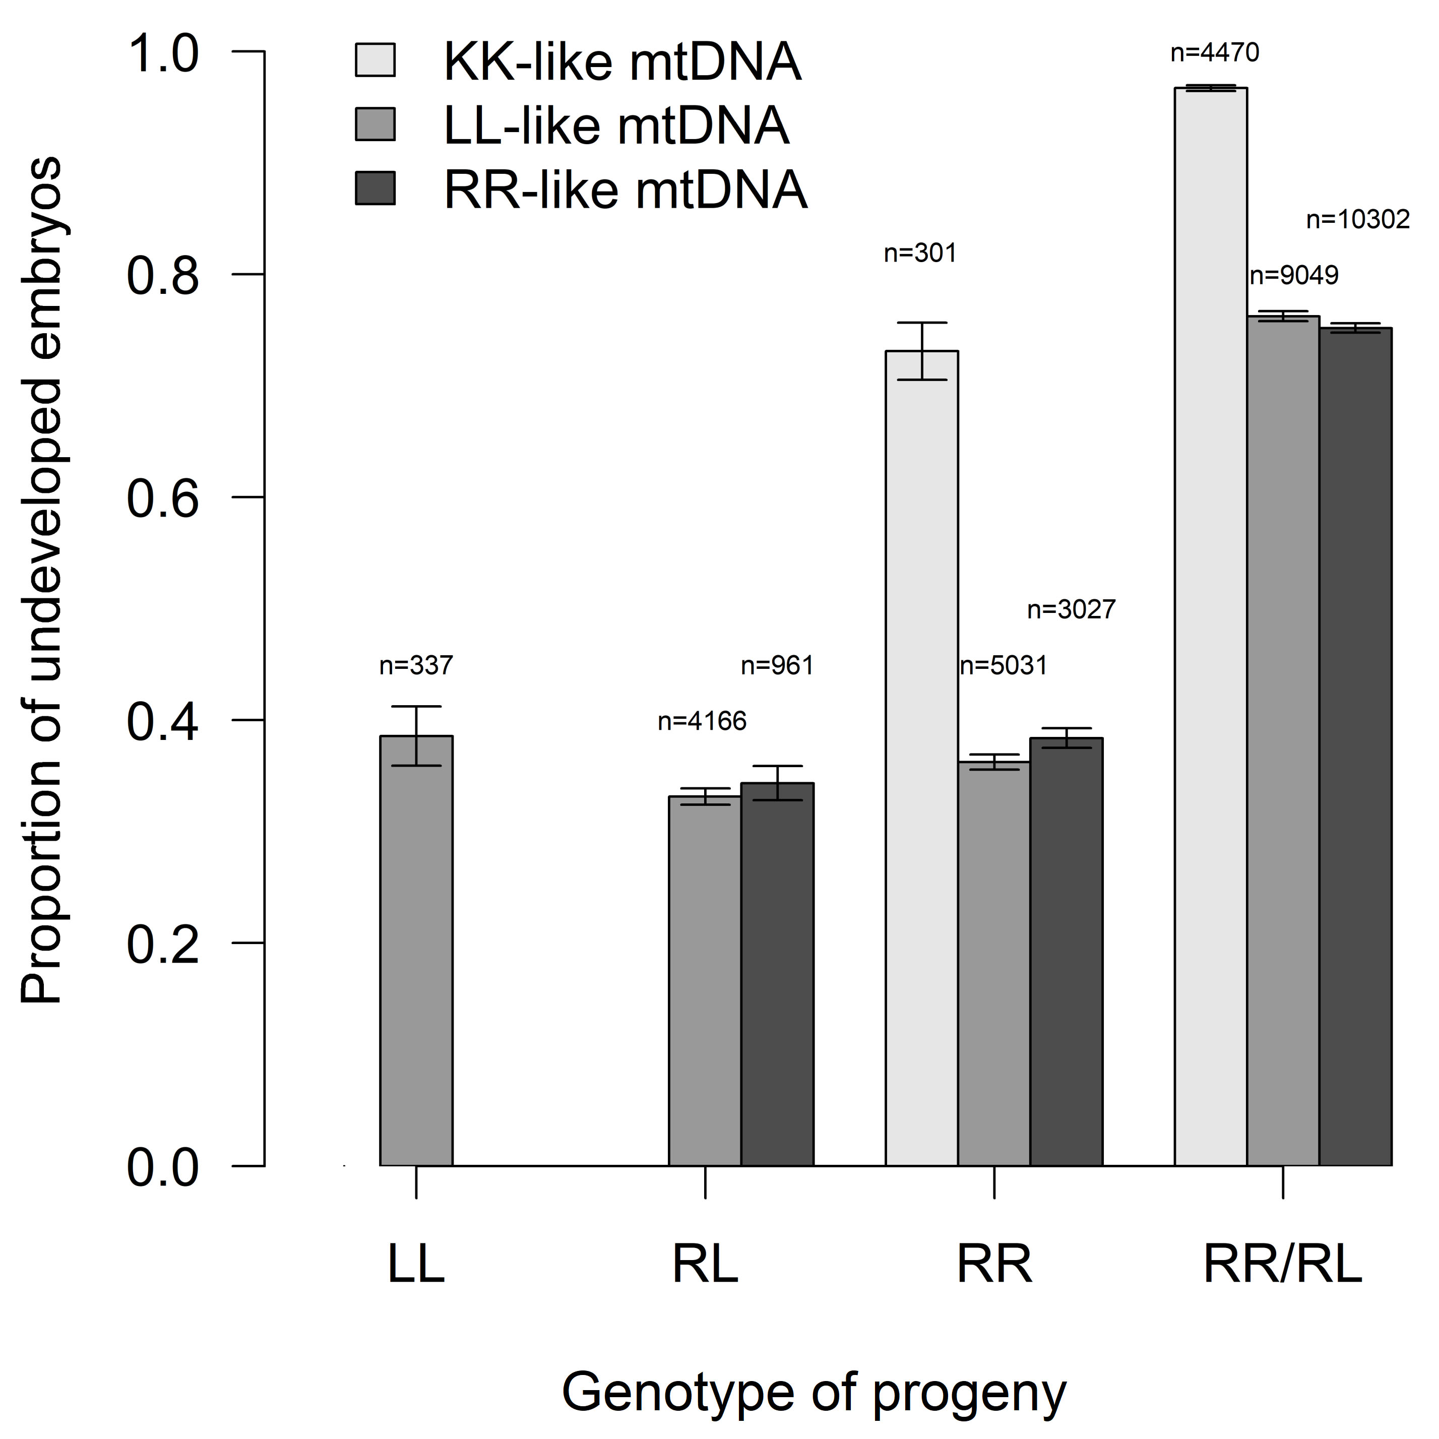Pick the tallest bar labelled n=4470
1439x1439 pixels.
tap(1210, 625)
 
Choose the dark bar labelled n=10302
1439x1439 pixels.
tap(1355, 745)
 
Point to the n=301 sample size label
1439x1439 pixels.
tap(920, 254)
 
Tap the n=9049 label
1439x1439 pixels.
tap(1294, 276)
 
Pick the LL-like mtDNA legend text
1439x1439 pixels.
tap(616, 125)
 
